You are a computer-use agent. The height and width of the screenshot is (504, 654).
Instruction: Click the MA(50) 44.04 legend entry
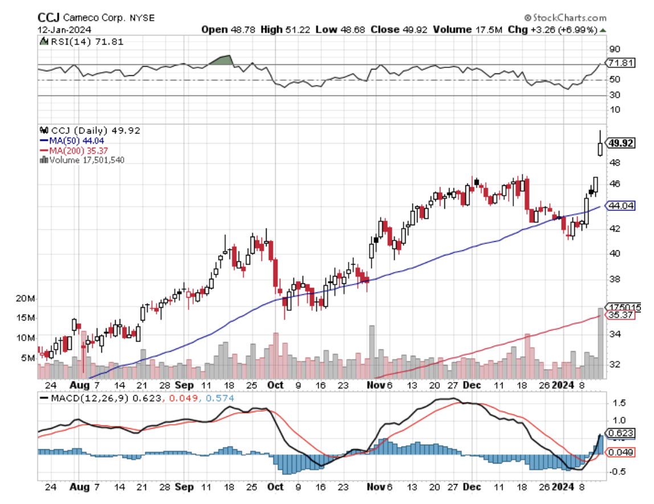click(x=73, y=141)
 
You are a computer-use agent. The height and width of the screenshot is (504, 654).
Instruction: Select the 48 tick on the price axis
click(x=614, y=162)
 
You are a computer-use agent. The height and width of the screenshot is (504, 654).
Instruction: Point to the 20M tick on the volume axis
click(x=27, y=299)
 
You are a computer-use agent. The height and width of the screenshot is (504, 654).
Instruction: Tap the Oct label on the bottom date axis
click(x=276, y=488)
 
